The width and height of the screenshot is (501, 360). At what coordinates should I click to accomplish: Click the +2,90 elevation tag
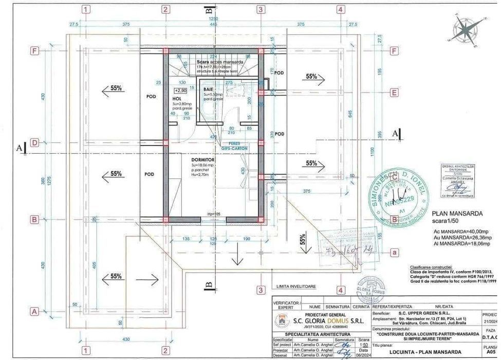tap(179, 89)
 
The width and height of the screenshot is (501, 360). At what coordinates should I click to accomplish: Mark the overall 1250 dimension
tap(212, 18)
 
